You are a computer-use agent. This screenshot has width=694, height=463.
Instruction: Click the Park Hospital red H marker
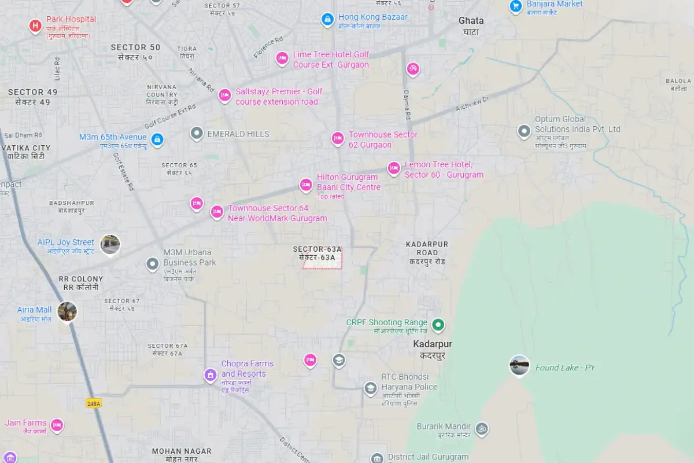tap(35, 26)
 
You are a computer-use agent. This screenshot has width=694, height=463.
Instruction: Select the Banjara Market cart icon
tap(515, 6)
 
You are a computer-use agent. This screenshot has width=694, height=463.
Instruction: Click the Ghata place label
tap(471, 21)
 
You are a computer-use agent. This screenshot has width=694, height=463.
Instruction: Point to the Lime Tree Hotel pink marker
tap(282, 58)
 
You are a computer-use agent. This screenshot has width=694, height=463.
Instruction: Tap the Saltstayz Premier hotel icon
tap(224, 95)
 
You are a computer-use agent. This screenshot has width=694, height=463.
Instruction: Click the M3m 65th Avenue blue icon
tap(157, 139)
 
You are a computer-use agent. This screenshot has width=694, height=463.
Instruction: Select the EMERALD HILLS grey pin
tap(197, 134)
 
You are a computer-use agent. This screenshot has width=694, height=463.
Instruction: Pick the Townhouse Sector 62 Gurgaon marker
tap(338, 138)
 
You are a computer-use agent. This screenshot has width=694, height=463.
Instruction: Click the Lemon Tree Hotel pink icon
tap(394, 168)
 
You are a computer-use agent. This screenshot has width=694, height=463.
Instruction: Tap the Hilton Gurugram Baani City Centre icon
tap(306, 185)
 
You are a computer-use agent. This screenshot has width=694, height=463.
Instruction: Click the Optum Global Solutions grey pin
tap(524, 131)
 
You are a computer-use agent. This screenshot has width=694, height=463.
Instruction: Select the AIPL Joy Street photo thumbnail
tap(110, 244)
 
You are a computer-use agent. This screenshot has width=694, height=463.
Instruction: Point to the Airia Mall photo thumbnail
tap(67, 311)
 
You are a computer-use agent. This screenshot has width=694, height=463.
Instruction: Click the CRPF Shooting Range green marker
tap(438, 325)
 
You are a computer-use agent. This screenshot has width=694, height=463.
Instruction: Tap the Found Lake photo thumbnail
tap(519, 365)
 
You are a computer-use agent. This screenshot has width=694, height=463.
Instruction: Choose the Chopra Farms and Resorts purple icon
tap(211, 375)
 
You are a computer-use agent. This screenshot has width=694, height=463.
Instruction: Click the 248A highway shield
tap(93, 403)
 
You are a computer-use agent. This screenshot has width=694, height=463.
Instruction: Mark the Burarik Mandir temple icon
tap(481, 429)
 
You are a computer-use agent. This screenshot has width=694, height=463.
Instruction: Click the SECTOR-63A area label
tap(318, 249)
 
